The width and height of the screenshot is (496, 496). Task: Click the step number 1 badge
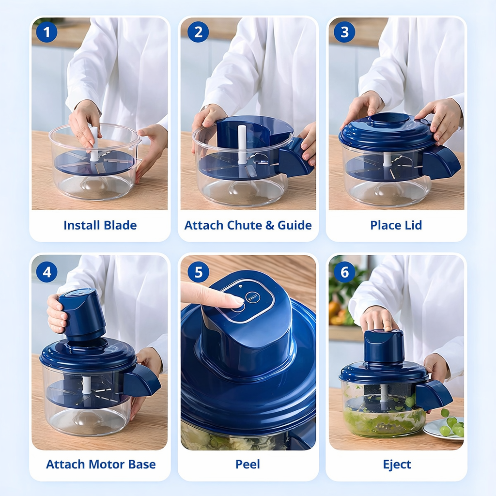(47, 32)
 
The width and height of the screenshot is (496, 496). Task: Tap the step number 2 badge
(198, 32)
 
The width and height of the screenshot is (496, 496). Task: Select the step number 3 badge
(344, 32)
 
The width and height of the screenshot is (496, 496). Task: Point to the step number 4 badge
(47, 272)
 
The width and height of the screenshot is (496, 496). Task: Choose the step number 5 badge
(198, 272)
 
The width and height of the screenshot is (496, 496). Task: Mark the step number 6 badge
(344, 272)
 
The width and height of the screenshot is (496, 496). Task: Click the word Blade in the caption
(120, 225)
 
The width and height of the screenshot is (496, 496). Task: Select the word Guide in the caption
(294, 225)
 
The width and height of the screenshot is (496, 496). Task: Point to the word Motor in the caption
(107, 465)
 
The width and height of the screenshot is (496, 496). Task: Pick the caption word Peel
(248, 465)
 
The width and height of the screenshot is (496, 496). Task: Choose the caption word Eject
(397, 465)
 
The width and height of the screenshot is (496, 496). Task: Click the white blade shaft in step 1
(94, 143)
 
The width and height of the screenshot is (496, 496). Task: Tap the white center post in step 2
(242, 144)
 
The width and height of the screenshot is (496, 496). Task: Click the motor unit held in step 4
(82, 314)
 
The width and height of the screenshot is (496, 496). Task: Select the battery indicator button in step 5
(253, 298)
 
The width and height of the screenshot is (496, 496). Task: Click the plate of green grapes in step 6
(445, 428)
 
